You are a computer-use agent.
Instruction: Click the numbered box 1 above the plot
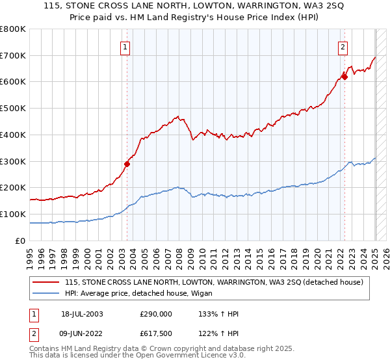click(x=124, y=46)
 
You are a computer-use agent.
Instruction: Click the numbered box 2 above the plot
click(x=343, y=46)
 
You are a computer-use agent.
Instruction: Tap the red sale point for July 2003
click(x=127, y=164)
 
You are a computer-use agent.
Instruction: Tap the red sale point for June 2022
click(x=344, y=77)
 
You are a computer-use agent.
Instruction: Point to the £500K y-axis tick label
click(x=14, y=109)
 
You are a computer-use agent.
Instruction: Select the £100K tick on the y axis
click(x=14, y=214)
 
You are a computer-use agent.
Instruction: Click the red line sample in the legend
click(x=46, y=282)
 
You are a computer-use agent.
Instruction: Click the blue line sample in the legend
click(x=46, y=293)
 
